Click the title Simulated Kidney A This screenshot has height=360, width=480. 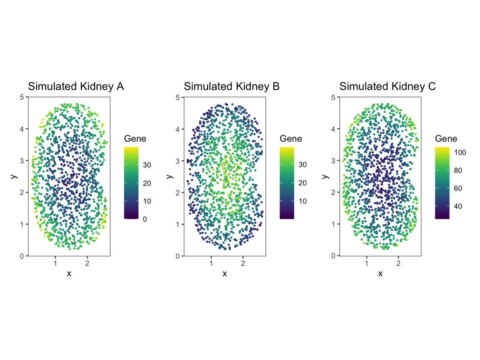76,87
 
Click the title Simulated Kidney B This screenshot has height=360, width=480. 232,87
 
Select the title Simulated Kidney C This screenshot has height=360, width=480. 387,87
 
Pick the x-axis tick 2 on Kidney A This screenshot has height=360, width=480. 87,263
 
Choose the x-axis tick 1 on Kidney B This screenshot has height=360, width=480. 211,263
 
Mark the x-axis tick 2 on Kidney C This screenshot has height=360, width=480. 398,263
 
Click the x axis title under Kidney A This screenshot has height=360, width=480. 69,273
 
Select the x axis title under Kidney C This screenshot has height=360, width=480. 380,273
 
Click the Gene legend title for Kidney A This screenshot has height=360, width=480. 135,139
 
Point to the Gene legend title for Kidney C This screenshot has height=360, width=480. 446,139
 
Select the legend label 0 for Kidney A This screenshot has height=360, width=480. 145,219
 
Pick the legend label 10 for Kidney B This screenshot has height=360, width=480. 302,201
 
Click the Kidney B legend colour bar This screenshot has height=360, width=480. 287,182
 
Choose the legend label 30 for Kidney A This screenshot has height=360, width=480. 147,165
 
